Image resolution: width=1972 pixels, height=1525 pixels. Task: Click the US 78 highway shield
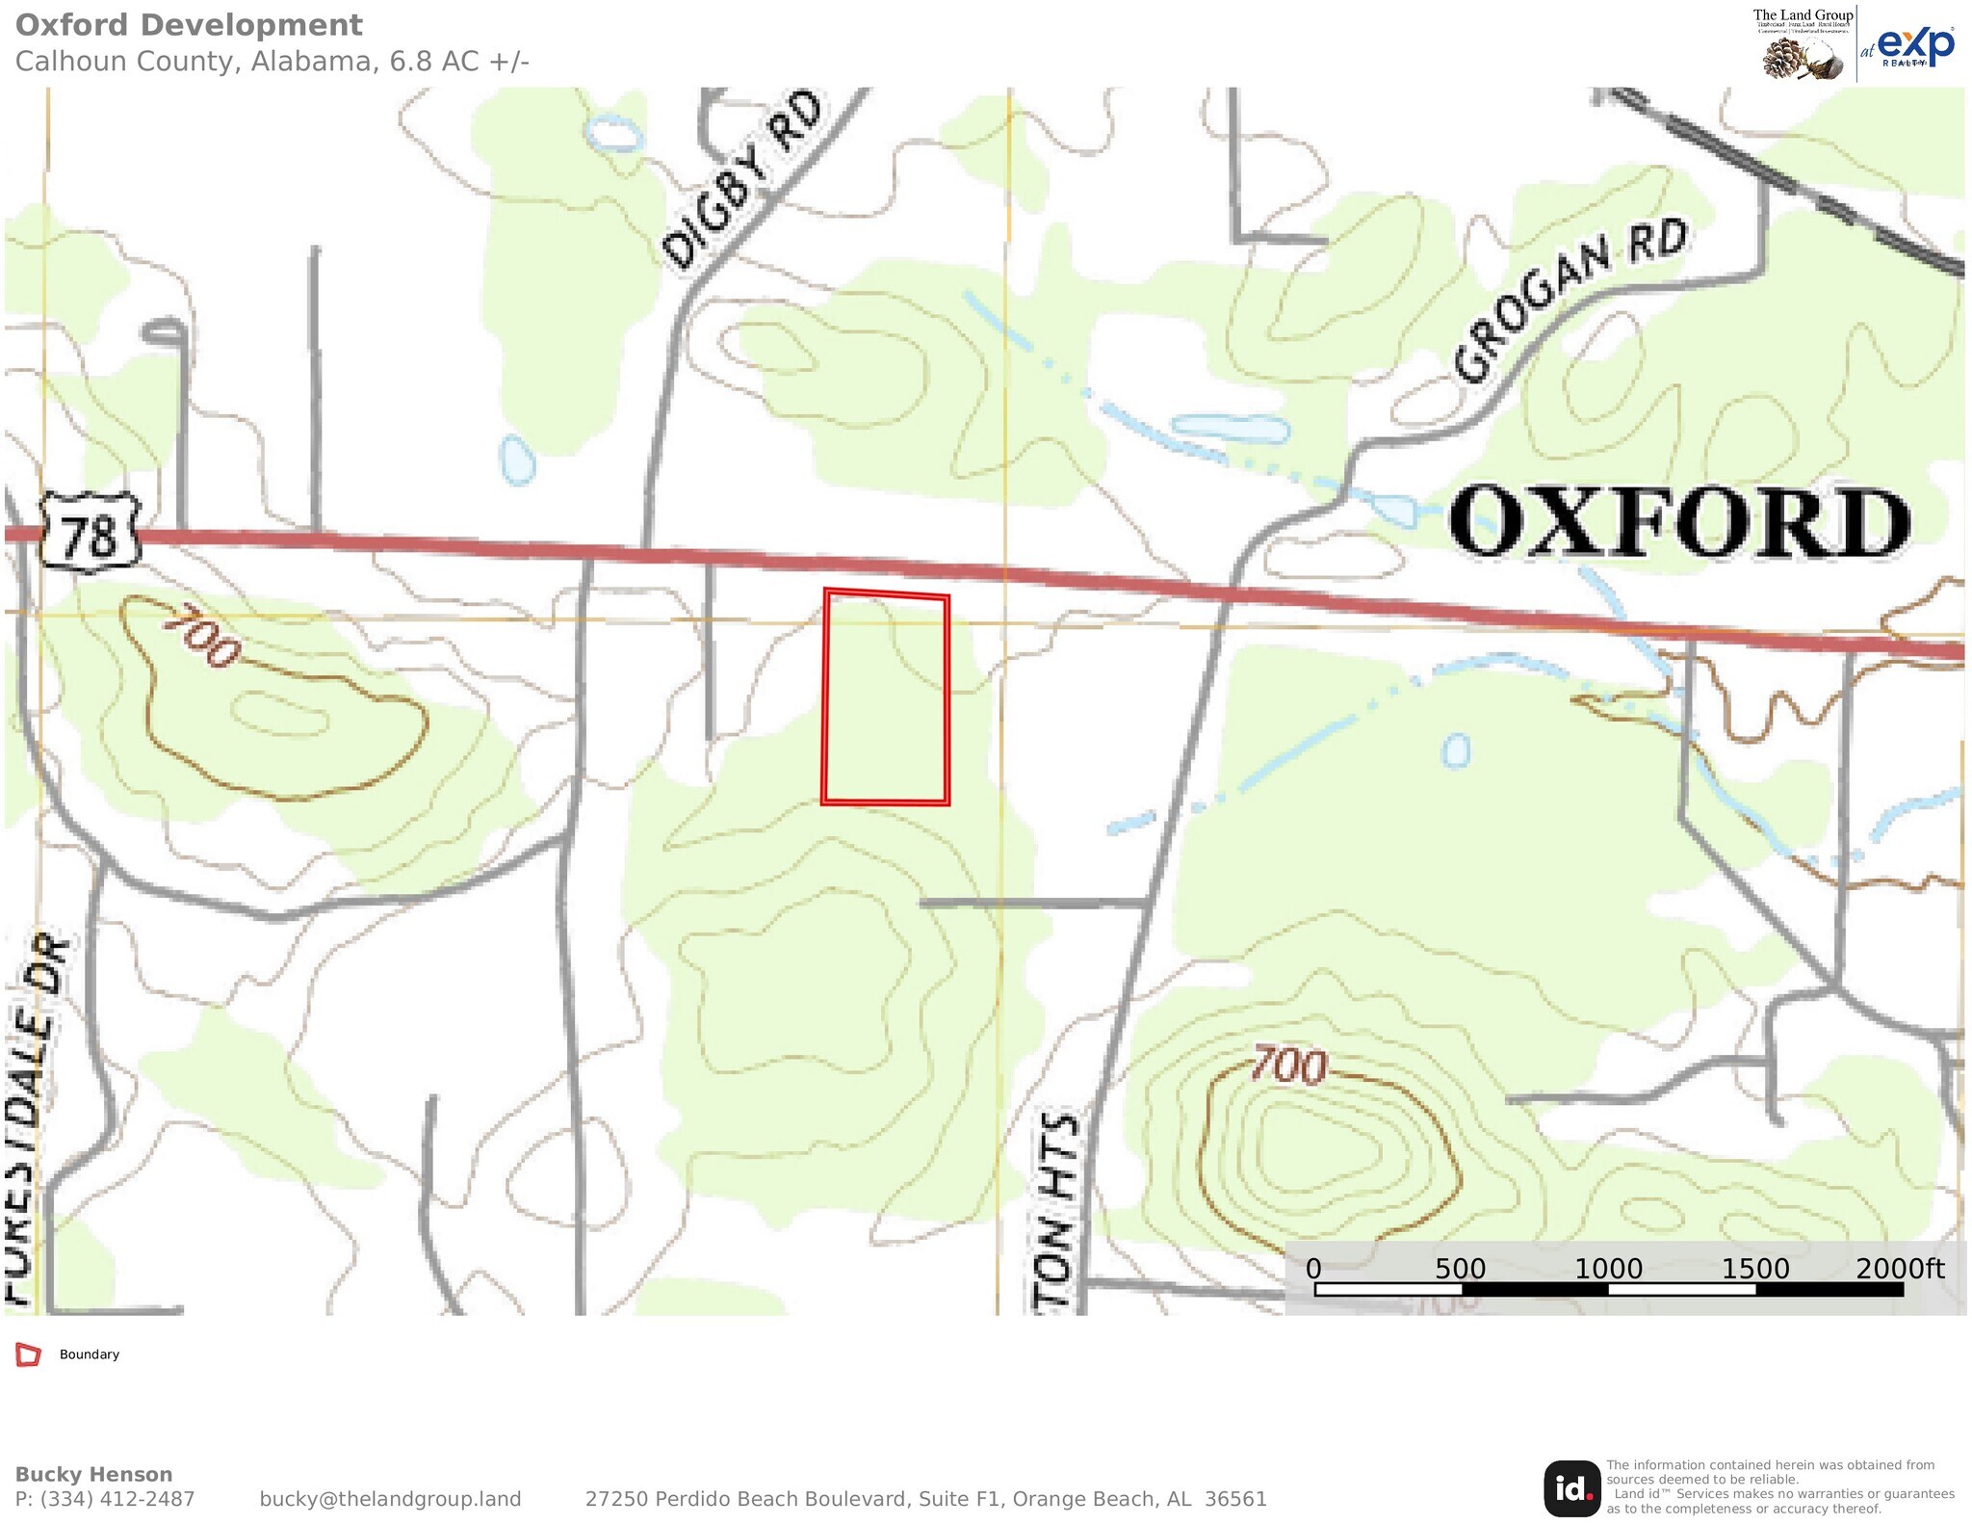click(90, 533)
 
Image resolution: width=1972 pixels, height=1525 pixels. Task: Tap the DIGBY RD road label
click(742, 179)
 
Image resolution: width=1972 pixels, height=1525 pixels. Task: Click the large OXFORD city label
click(1679, 522)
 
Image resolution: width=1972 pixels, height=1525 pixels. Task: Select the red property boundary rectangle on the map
click(886, 697)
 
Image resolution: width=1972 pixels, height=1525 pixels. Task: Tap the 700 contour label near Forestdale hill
click(201, 635)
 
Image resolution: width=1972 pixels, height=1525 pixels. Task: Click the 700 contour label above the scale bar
click(1289, 1066)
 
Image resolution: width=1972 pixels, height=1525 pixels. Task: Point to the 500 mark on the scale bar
click(1460, 1269)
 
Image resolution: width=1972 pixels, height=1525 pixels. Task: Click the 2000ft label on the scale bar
click(1900, 1268)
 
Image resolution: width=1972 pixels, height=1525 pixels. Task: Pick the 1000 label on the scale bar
click(1608, 1269)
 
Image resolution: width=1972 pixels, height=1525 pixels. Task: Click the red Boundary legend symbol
click(29, 1354)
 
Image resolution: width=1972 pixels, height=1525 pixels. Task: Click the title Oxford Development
click(189, 25)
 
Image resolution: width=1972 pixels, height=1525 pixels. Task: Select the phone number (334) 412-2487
click(117, 1499)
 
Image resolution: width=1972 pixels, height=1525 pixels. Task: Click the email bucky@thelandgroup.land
click(390, 1499)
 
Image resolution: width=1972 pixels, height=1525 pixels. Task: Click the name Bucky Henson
click(93, 1474)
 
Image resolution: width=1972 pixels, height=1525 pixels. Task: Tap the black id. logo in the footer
click(1571, 1488)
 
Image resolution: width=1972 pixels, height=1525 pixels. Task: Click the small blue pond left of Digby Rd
click(517, 460)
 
